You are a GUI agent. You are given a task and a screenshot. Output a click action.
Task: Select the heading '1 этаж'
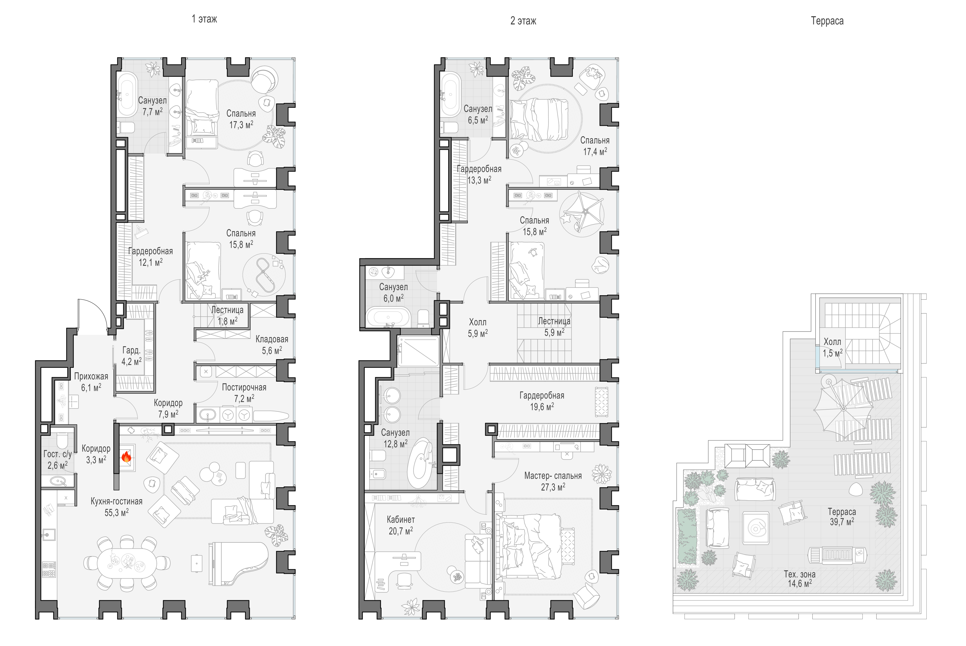204,19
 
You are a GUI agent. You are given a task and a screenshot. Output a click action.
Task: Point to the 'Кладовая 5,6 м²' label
272,345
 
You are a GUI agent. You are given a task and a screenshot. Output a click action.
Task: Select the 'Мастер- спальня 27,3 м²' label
553,481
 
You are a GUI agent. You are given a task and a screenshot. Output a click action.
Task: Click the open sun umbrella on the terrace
843,408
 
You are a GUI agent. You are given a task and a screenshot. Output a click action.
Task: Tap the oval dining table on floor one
127,563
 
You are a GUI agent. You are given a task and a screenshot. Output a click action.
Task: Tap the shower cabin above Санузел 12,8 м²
418,351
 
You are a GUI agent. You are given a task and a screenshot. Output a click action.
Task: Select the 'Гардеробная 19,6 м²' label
541,401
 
